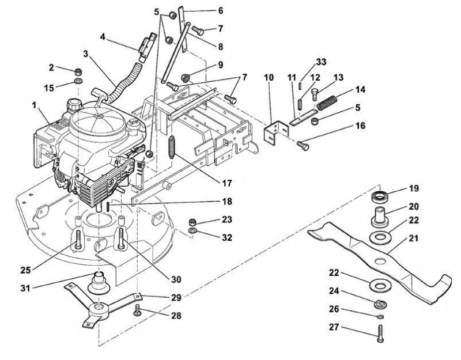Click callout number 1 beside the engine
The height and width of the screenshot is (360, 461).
[x=35, y=105]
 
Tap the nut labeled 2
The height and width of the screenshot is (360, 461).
[x=78, y=71]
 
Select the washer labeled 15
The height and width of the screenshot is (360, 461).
[x=78, y=81]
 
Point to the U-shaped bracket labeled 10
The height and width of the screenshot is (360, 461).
[x=275, y=132]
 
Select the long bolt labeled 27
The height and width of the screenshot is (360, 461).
[x=380, y=333]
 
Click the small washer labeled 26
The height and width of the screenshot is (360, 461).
[x=379, y=317]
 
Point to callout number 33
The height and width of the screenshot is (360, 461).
[x=321, y=62]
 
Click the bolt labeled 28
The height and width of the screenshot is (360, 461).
[x=137, y=310]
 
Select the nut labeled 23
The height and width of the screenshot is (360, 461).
[x=192, y=222]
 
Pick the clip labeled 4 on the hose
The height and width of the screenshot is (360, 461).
[x=147, y=46]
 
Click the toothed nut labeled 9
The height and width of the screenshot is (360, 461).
[x=185, y=77]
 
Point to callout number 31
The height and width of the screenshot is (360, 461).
[x=25, y=288]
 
